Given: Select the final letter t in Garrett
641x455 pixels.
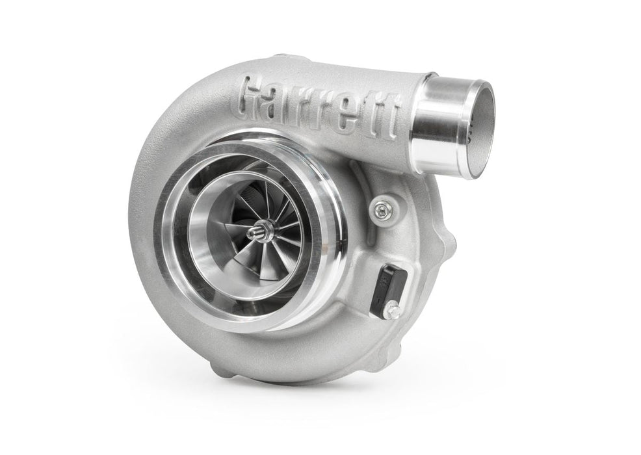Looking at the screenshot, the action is pos(390,118).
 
